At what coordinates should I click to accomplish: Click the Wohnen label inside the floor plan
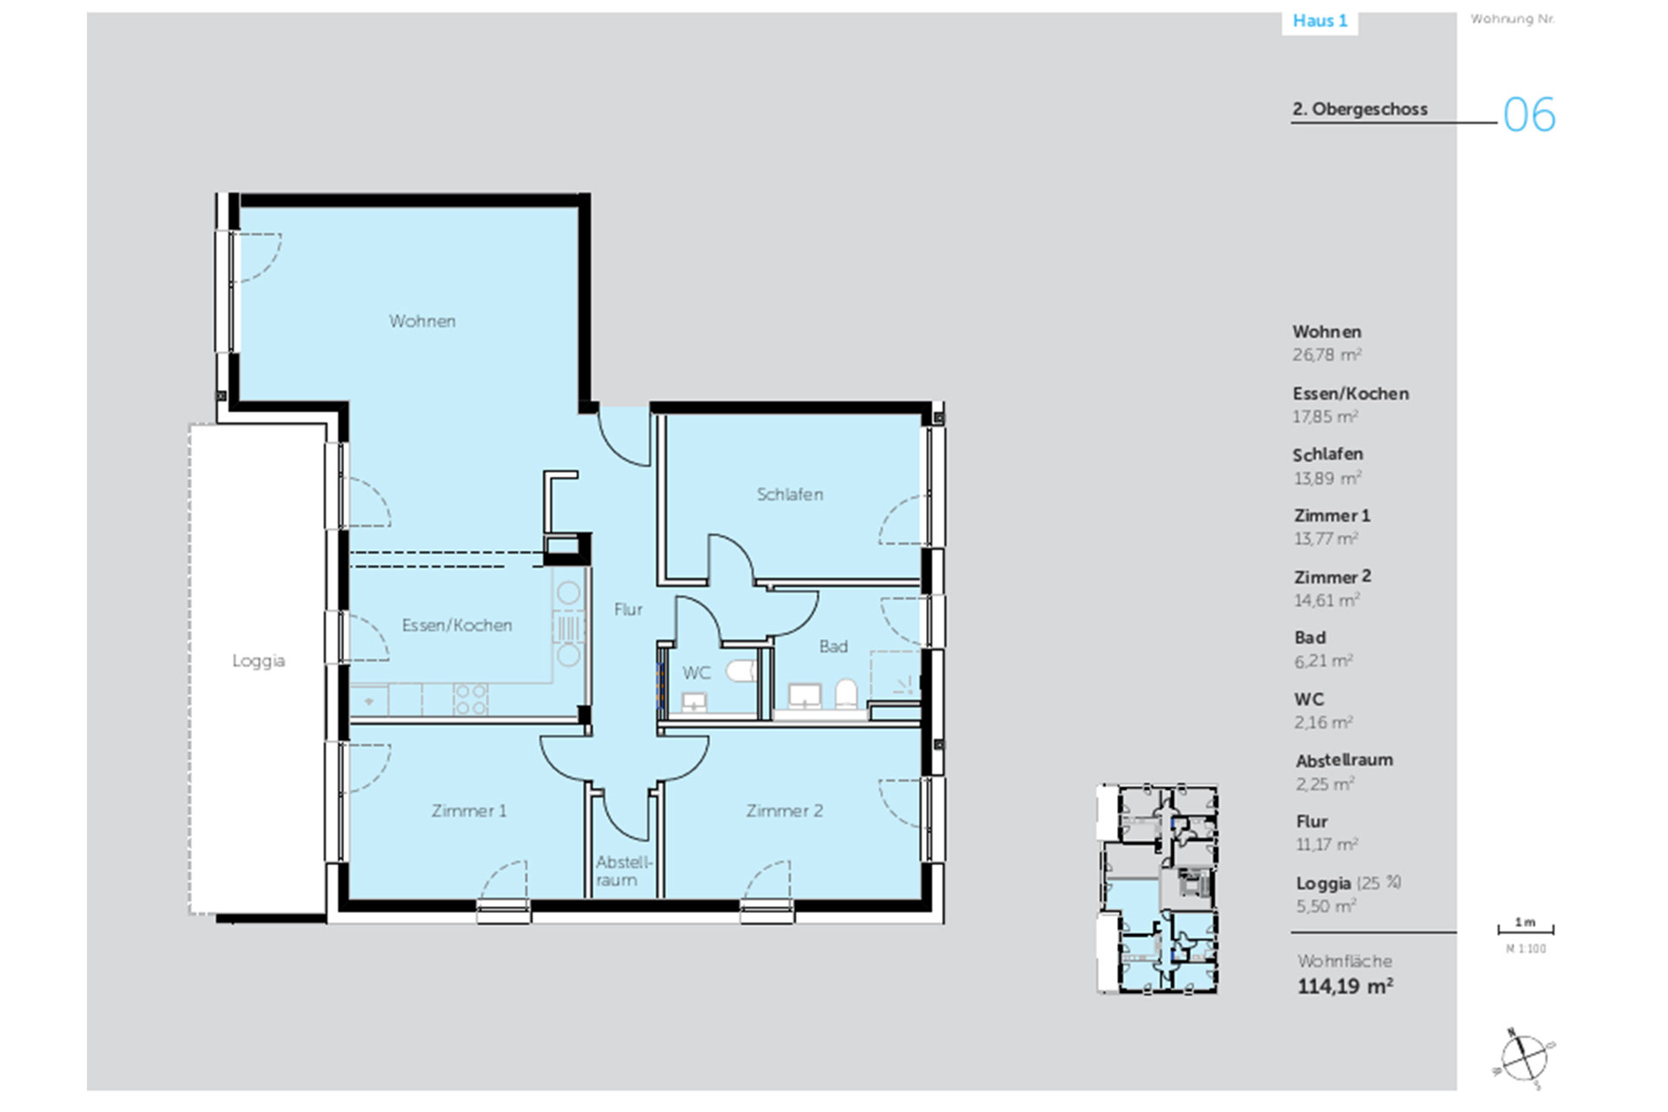tap(422, 321)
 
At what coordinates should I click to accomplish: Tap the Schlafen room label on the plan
tap(790, 494)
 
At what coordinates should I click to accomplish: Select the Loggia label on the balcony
tap(258, 661)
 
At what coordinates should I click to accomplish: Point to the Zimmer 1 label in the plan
tap(469, 811)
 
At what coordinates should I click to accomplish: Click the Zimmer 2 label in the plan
tap(784, 811)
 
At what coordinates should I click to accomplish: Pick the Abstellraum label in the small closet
tap(623, 870)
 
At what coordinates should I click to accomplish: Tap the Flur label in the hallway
tap(628, 610)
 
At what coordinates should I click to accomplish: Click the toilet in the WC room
tap(742, 672)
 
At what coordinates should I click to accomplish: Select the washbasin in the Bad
tap(804, 695)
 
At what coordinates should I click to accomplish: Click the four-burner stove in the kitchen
tap(471, 698)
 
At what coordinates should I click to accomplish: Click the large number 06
tap(1529, 115)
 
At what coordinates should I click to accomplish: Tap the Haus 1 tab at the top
tap(1320, 21)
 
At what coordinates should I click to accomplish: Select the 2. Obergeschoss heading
tap(1360, 109)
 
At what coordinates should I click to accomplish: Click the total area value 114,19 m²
tap(1345, 986)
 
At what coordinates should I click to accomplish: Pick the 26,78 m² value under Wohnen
tap(1327, 354)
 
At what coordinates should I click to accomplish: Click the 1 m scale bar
tap(1526, 930)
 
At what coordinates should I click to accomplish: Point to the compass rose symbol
tap(1525, 1058)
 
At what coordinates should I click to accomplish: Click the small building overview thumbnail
tap(1157, 888)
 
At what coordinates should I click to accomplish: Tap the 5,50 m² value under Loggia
tap(1326, 906)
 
